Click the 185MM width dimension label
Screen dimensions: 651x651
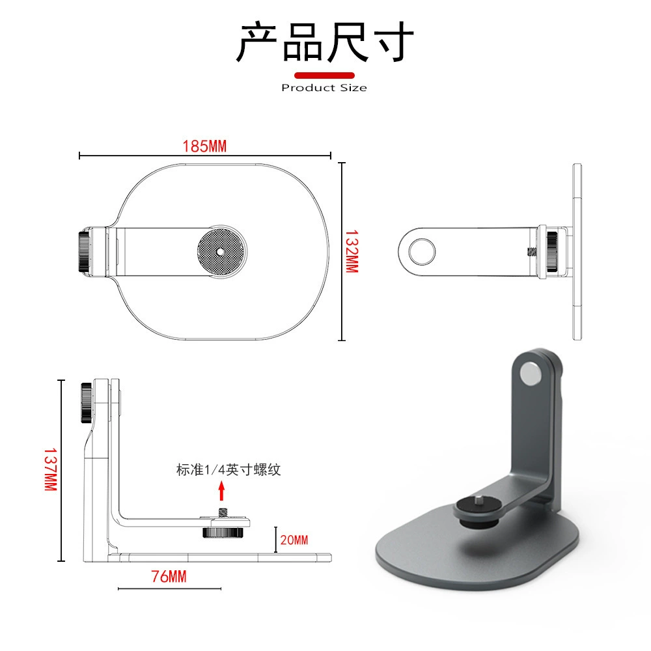click(x=204, y=146)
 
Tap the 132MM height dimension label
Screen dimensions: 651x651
click(x=352, y=251)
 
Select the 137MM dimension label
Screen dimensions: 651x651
click(x=51, y=469)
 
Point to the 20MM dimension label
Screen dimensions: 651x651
click(x=294, y=540)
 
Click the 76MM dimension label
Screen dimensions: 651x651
click(x=169, y=576)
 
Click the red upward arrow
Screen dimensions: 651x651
click(x=222, y=491)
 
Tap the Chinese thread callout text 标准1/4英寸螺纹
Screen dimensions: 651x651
click(x=229, y=469)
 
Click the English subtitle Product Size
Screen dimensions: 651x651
click(x=324, y=88)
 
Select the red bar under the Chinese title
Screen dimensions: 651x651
click(x=324, y=76)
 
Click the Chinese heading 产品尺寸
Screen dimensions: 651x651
click(x=325, y=42)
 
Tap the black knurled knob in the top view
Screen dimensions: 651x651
click(x=84, y=251)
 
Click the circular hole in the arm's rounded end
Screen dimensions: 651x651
click(x=422, y=251)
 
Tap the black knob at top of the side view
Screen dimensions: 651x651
click(x=87, y=402)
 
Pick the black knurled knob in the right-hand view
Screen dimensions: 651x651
click(x=552, y=251)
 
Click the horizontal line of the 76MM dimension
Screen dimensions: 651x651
click(x=169, y=589)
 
